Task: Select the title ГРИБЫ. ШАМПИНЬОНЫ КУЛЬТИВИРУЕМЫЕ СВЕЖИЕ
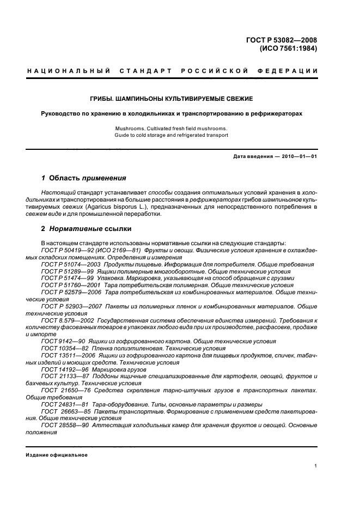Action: click(x=180, y=99)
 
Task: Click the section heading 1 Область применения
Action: click(x=84, y=178)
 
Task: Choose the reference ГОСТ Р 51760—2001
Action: click(x=67, y=285)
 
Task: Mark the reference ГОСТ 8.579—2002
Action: click(x=64, y=320)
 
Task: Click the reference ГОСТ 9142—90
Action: click(x=59, y=341)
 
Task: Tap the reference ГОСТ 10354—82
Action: click(x=60, y=348)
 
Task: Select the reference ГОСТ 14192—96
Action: click(x=60, y=369)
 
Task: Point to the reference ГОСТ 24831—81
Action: click(x=60, y=405)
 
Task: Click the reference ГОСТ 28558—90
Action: click(x=60, y=426)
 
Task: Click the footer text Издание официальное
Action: click(x=57, y=455)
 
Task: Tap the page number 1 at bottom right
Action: click(x=316, y=466)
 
